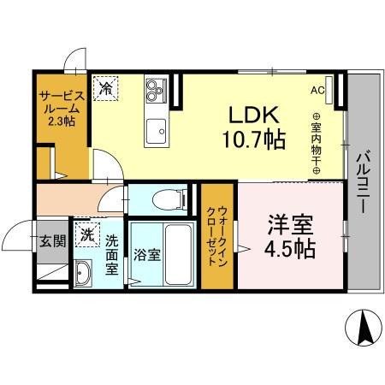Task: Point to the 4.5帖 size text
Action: tap(287, 249)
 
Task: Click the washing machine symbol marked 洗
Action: tap(86, 232)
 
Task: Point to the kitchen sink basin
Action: tap(157, 132)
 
